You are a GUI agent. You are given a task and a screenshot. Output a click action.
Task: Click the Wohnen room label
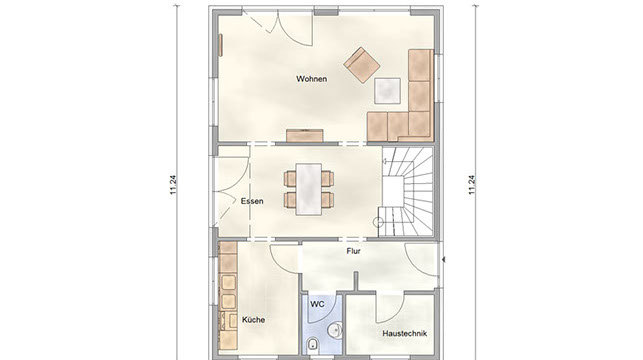coord(312,79)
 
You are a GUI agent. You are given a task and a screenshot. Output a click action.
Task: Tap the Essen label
coord(252,201)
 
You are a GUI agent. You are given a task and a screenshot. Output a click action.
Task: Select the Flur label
coord(353,251)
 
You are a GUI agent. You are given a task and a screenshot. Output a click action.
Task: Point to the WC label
coord(317,304)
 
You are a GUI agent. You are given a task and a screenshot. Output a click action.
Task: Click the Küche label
coord(253,319)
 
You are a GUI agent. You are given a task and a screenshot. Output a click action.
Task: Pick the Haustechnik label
coord(404,333)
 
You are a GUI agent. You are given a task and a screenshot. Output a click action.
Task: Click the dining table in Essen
coord(309,189)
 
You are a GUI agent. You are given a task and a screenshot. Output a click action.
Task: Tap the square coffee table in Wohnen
coord(387,91)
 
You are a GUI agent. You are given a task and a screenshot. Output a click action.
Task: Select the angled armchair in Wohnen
coord(362,65)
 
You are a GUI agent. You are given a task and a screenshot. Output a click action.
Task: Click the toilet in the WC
coord(312,344)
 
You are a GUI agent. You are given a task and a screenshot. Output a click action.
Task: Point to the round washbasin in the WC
coord(336,330)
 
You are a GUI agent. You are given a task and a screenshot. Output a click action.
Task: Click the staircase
coord(406,191)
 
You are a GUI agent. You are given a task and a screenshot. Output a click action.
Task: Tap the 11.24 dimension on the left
coord(173,185)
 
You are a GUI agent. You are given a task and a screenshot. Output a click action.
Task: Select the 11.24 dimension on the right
coord(472,185)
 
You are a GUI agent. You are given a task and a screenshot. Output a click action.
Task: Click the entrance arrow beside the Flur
coord(444,259)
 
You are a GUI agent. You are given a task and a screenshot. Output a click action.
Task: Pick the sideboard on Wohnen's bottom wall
coord(305,136)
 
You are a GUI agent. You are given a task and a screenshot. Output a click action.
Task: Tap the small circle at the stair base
coord(378,223)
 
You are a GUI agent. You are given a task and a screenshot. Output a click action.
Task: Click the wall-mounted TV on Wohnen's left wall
coord(221,45)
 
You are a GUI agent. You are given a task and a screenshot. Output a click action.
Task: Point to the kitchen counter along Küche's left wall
coord(228,296)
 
